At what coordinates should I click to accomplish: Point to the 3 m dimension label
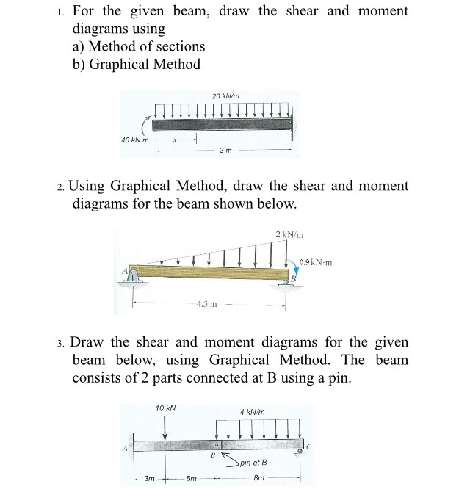pos(226,151)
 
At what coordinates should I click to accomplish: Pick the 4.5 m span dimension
pos(207,304)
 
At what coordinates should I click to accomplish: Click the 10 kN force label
pos(164,408)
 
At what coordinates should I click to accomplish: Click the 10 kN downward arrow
pos(164,426)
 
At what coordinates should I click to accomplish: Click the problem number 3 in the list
pos(61,343)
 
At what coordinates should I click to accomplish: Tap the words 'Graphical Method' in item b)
pos(145,64)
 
